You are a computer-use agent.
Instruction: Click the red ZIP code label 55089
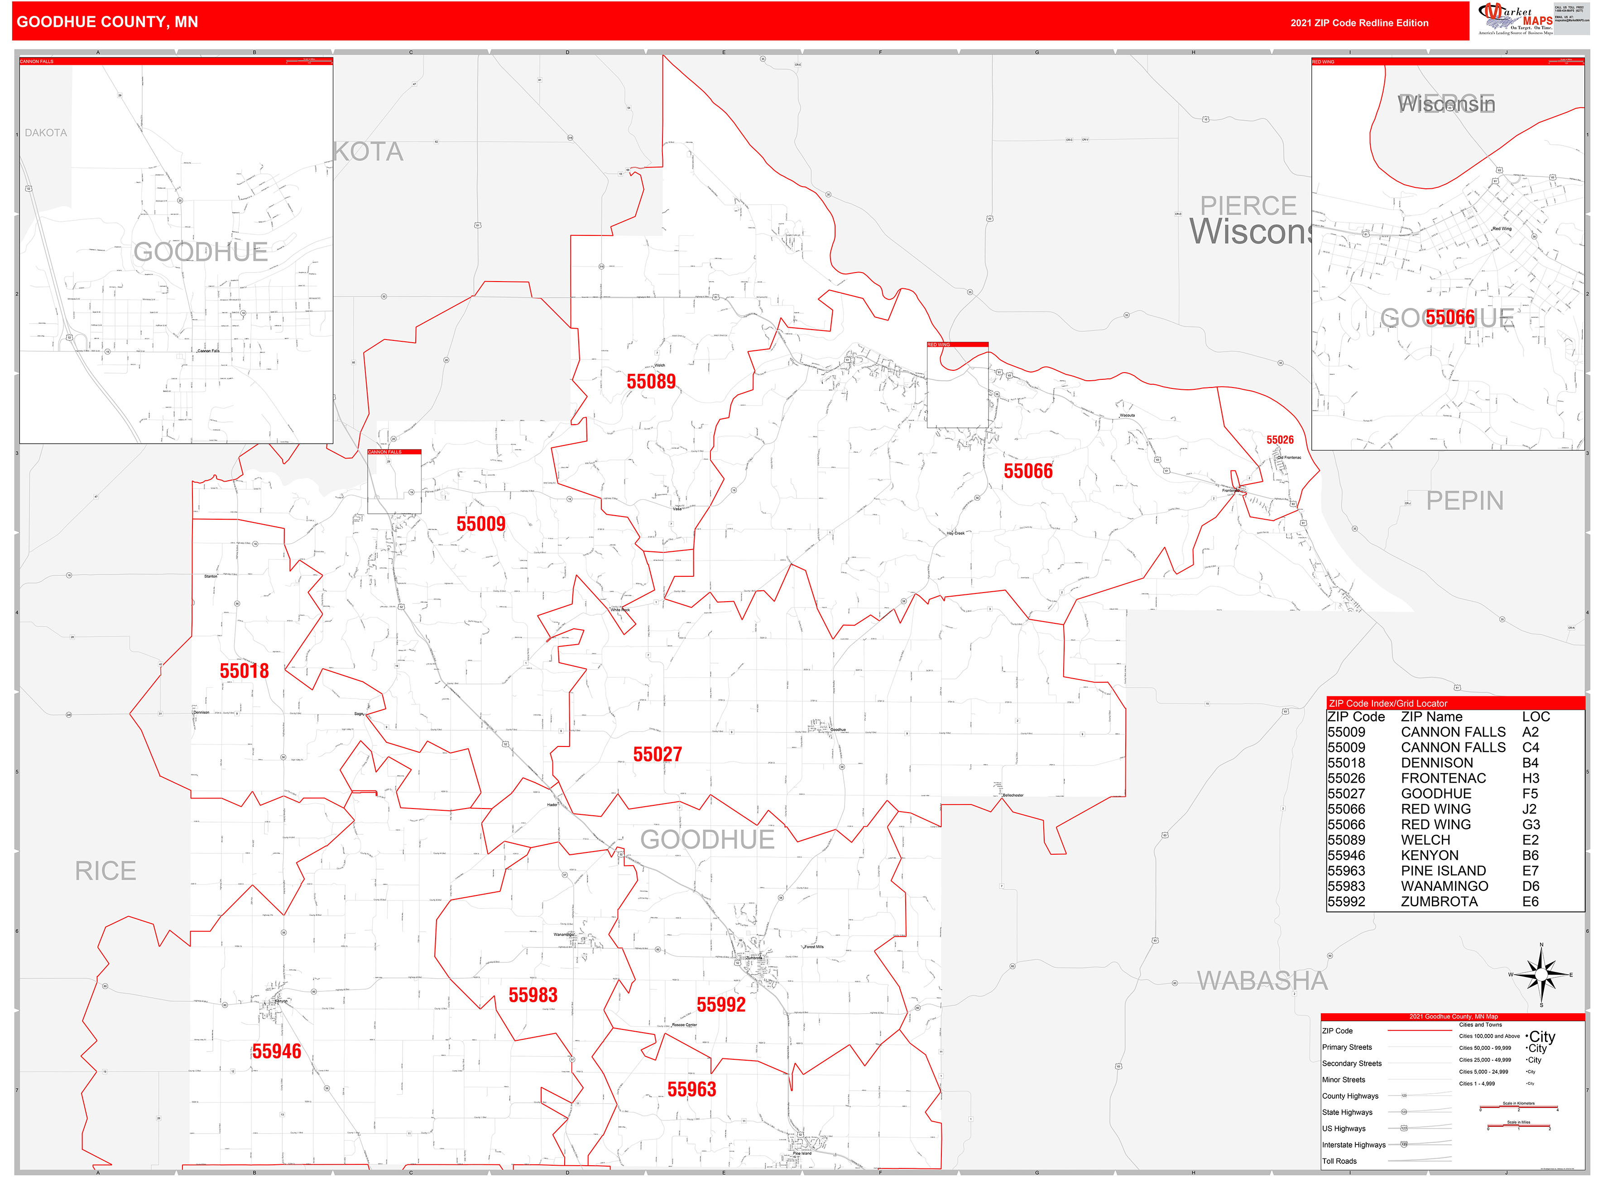tap(651, 382)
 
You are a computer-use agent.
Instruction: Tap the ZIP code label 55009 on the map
tap(480, 524)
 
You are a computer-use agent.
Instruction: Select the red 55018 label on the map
tap(244, 671)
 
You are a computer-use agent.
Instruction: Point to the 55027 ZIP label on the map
tap(657, 755)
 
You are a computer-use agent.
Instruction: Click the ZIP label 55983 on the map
tap(533, 995)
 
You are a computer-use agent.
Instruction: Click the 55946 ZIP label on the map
tap(277, 1052)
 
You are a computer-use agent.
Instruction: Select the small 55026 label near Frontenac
tap(1279, 440)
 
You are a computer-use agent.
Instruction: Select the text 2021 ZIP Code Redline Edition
tap(1358, 23)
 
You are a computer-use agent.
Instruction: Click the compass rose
tap(1541, 974)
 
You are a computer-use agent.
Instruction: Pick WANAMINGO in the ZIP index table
tap(1444, 886)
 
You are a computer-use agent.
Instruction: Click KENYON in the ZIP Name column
tap(1429, 856)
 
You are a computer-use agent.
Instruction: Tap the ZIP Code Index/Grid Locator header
tap(1387, 703)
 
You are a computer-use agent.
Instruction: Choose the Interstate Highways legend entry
tap(1353, 1145)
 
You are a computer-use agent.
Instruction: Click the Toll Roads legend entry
tap(1339, 1161)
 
